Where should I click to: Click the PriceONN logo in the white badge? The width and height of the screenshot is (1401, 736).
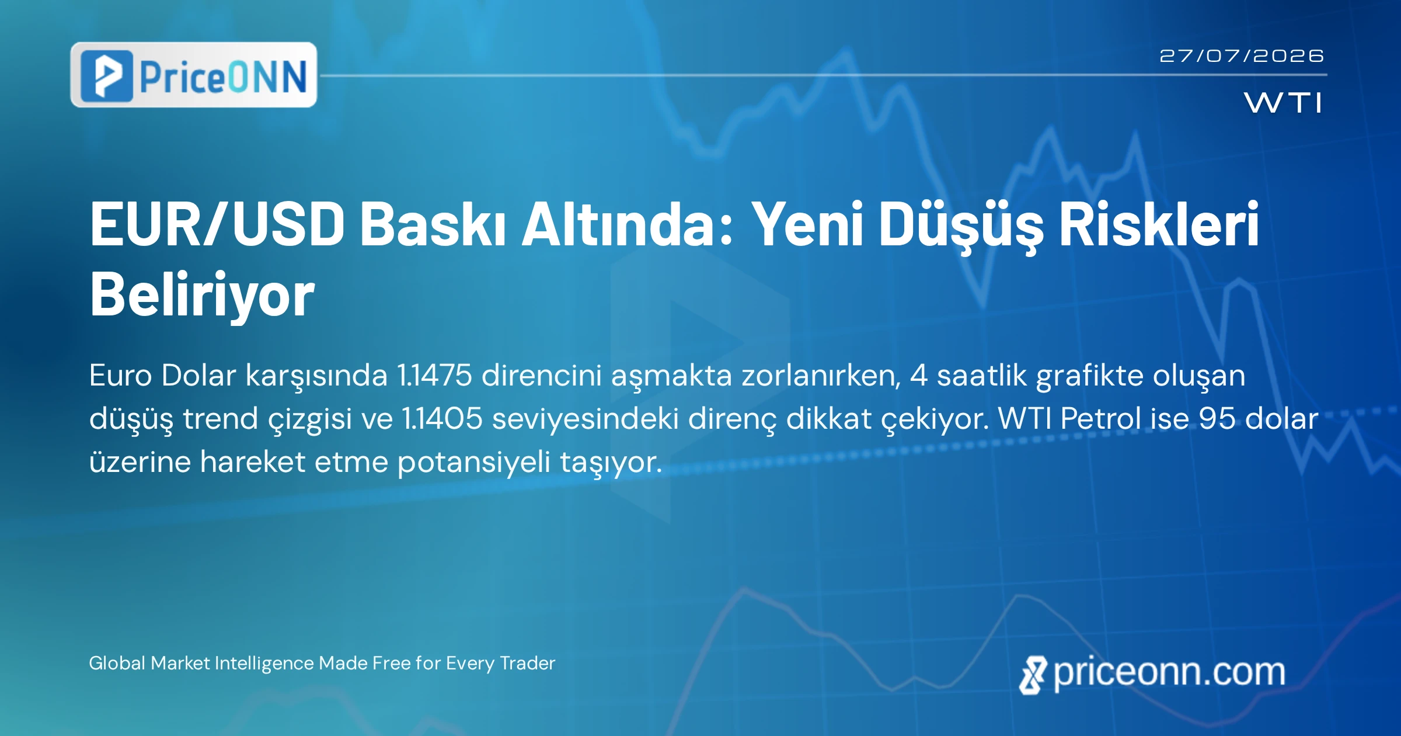click(194, 75)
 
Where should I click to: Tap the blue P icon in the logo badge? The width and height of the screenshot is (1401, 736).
click(107, 76)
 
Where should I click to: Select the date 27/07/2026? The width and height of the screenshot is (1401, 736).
click(1242, 56)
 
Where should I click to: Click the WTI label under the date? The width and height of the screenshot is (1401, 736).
click(1283, 103)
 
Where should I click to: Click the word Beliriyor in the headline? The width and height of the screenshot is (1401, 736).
click(203, 296)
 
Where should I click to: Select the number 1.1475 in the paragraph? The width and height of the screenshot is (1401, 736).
click(434, 375)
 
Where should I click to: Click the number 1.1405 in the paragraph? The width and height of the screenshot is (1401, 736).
click(442, 418)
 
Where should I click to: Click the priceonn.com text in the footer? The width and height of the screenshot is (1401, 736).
click(1169, 673)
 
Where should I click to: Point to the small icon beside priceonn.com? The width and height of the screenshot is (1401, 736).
click(1033, 675)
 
